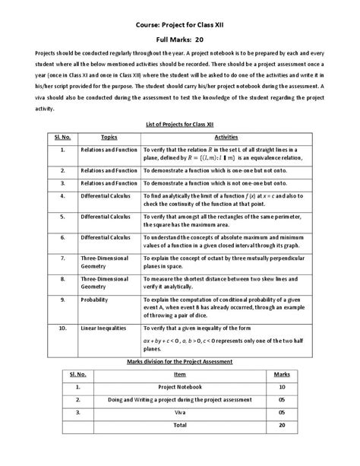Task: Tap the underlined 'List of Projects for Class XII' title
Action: coord(180,123)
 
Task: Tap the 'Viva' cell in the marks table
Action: coord(179,414)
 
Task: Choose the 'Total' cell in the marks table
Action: coord(179,426)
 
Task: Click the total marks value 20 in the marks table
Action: coord(282,426)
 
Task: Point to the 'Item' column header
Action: coord(179,374)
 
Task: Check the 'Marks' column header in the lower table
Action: coord(282,374)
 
